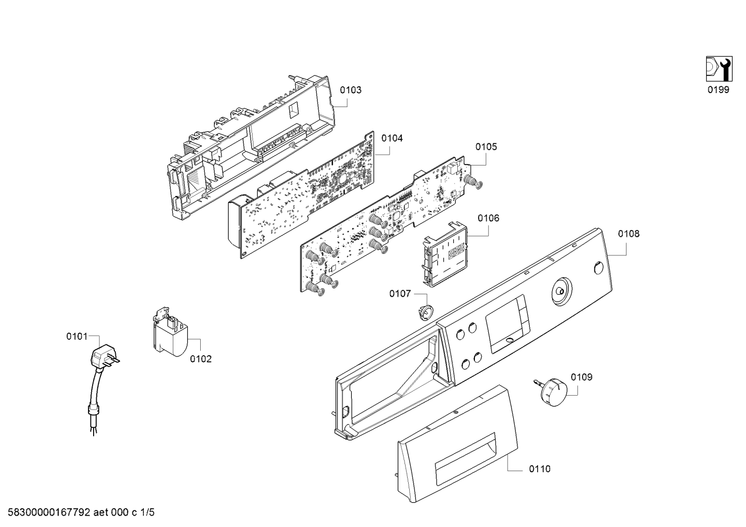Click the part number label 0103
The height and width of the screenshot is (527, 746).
point(350,90)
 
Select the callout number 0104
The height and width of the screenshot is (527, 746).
point(392,138)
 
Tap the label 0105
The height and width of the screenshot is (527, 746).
point(486,146)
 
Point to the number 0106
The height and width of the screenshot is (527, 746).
point(488,218)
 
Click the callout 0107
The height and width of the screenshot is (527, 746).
point(400,294)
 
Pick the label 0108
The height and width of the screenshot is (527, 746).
point(629,234)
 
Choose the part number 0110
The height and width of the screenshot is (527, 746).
point(540,469)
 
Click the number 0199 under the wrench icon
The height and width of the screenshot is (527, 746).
point(719,89)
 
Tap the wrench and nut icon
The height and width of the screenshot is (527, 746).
point(719,69)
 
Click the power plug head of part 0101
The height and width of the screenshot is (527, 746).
point(105,356)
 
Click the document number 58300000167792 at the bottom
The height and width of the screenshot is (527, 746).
point(49,513)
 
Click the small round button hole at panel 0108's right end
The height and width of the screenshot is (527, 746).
point(599,267)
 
